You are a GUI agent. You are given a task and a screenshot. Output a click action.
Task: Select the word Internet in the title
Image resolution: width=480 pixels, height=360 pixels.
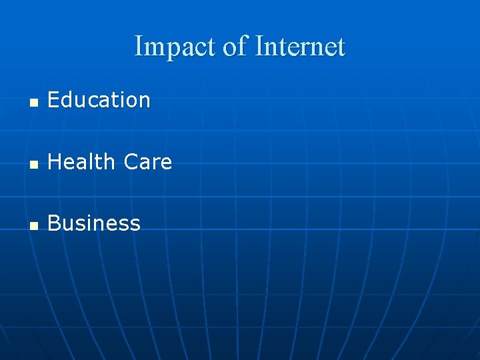(300, 47)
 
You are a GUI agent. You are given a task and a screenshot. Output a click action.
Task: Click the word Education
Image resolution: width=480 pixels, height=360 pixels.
(99, 100)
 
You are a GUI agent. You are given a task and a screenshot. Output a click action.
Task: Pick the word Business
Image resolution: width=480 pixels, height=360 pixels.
(94, 223)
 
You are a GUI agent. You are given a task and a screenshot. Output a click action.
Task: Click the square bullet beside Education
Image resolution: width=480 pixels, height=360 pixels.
(33, 103)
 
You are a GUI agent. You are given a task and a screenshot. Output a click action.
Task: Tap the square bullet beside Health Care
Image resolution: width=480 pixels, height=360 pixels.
(33, 164)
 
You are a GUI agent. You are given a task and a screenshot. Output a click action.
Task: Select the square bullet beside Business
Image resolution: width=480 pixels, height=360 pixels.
(33, 225)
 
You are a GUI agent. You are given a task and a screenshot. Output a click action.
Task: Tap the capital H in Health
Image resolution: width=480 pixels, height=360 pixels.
(55, 161)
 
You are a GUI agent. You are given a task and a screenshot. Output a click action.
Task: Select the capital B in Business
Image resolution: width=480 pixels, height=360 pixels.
(54, 223)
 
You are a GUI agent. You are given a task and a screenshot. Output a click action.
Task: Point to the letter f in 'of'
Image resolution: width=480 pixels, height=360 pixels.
(244, 46)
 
